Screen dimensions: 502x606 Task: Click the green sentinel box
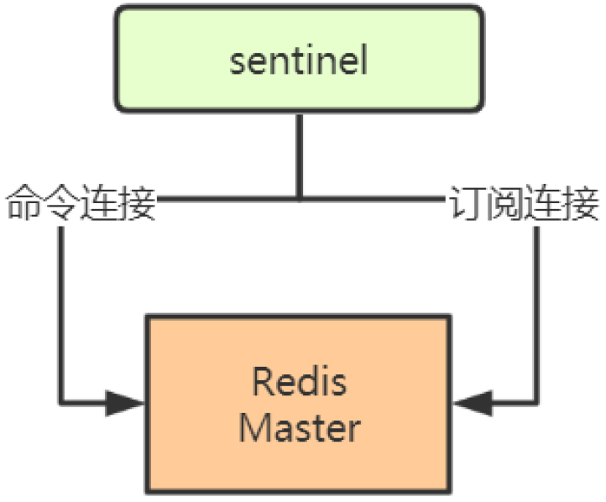tap(299, 59)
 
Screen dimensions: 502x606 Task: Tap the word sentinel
tap(299, 62)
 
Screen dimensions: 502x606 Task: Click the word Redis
tap(299, 383)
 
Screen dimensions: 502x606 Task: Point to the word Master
tap(299, 427)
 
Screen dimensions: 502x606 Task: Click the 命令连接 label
tap(81, 205)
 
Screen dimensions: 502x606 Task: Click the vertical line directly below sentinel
tap(299, 155)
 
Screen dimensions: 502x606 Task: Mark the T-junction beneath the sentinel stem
tap(299, 200)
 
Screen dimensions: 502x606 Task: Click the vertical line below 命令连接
tap(61, 311)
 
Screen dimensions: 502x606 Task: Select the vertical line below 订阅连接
tap(537, 311)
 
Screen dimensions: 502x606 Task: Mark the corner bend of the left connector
tap(61, 402)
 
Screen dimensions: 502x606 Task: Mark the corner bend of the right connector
tap(537, 404)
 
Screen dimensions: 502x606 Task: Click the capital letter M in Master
tap(254, 427)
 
